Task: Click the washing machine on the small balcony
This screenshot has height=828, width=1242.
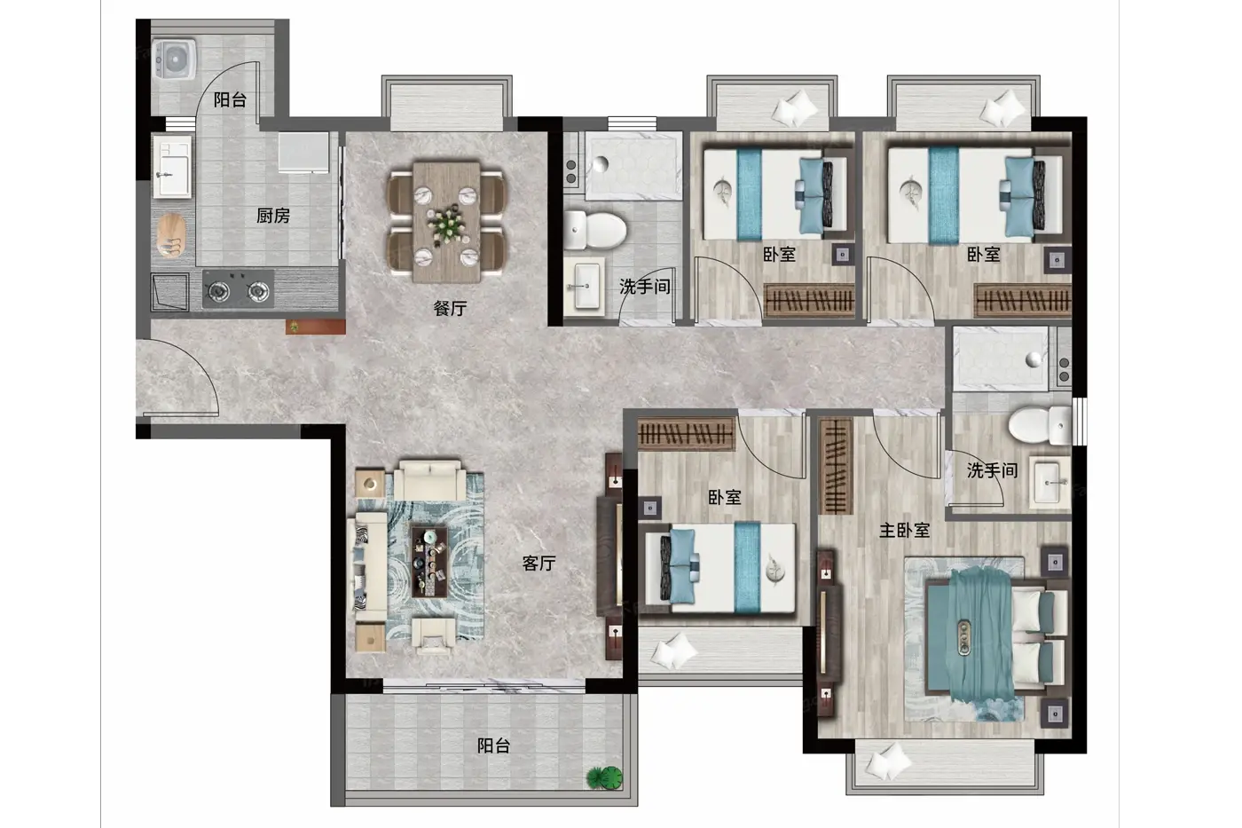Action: [x=174, y=59]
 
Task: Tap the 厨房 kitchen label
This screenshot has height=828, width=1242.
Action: [x=273, y=216]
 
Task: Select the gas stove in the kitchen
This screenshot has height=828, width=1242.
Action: [x=238, y=289]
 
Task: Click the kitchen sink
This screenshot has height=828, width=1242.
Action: [x=172, y=166]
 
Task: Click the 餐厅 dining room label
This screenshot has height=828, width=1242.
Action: [x=450, y=308]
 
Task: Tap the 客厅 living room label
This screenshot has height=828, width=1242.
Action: [x=538, y=564]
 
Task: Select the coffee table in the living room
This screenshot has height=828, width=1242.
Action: [x=429, y=562]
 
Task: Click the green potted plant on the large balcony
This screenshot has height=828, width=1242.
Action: [x=605, y=777]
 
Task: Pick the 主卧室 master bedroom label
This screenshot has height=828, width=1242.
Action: [x=904, y=530]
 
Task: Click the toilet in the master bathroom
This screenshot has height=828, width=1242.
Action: [x=1039, y=425]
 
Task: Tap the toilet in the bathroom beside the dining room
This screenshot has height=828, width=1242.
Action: [x=595, y=230]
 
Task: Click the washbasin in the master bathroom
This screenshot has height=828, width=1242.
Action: [x=1049, y=483]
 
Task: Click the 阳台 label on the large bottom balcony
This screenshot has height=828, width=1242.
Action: [x=493, y=746]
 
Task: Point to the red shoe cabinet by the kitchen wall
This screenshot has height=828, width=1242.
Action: [x=316, y=327]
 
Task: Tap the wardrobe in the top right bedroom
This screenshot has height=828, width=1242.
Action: [x=1022, y=300]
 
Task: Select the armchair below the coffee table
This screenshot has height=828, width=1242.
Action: [x=434, y=636]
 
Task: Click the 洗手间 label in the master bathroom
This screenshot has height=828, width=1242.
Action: [x=992, y=470]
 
